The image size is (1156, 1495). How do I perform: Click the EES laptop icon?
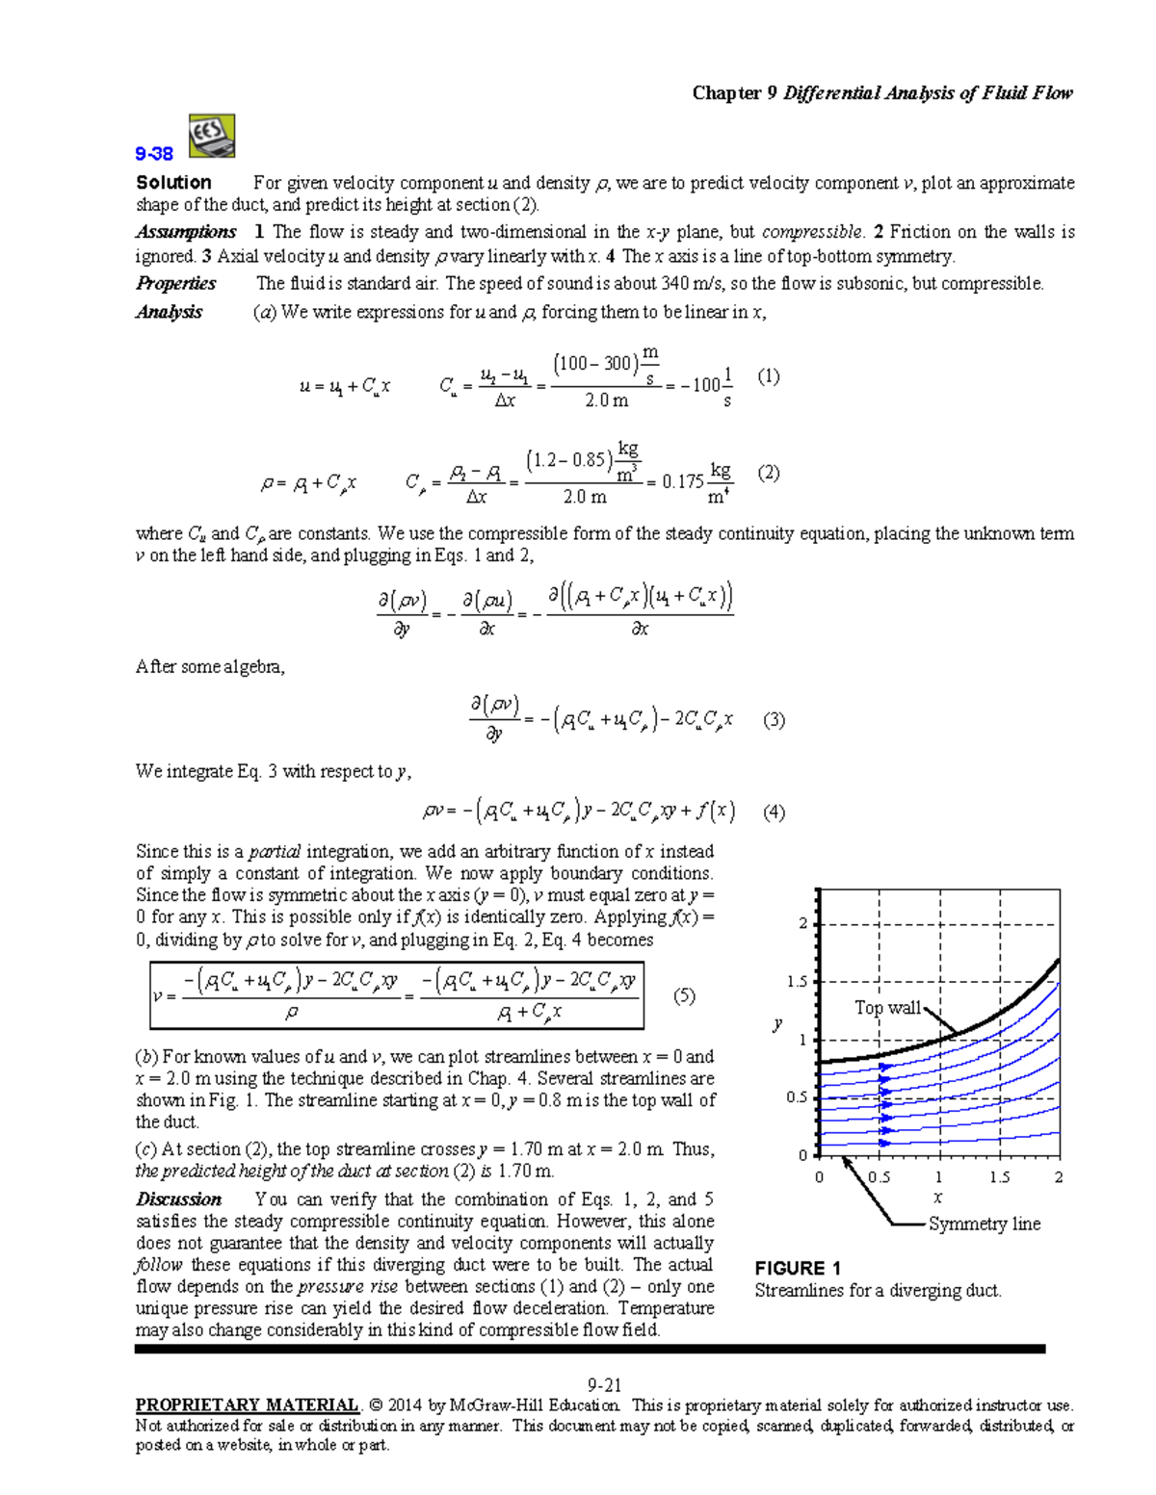click(x=211, y=136)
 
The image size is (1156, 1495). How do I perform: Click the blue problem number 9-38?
click(x=154, y=154)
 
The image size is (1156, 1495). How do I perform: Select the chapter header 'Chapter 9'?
click(x=734, y=93)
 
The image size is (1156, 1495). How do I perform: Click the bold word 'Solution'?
click(x=173, y=183)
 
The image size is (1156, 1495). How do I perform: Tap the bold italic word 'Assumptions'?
click(x=185, y=232)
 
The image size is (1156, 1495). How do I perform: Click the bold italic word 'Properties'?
click(x=175, y=283)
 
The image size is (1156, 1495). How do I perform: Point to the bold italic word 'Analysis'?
click(x=169, y=312)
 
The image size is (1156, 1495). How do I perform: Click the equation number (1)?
click(x=768, y=376)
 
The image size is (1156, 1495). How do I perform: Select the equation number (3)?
click(x=773, y=720)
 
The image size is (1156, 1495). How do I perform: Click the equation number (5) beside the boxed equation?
click(x=683, y=996)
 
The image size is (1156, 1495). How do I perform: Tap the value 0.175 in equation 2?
click(x=682, y=481)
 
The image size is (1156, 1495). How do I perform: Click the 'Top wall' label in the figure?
click(x=887, y=1008)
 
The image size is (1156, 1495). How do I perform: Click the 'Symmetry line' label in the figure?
click(x=984, y=1224)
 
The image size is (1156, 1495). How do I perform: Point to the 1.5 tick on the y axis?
click(x=796, y=982)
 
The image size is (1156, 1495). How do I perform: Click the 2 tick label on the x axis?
click(x=1058, y=1177)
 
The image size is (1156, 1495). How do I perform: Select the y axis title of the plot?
click(x=776, y=1024)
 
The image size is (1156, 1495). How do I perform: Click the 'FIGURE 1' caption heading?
click(x=798, y=1268)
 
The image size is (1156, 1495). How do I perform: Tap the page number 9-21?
click(x=604, y=1385)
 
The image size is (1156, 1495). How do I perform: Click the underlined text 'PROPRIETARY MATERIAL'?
click(x=247, y=1405)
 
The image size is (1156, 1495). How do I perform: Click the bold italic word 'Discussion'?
click(x=178, y=1199)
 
